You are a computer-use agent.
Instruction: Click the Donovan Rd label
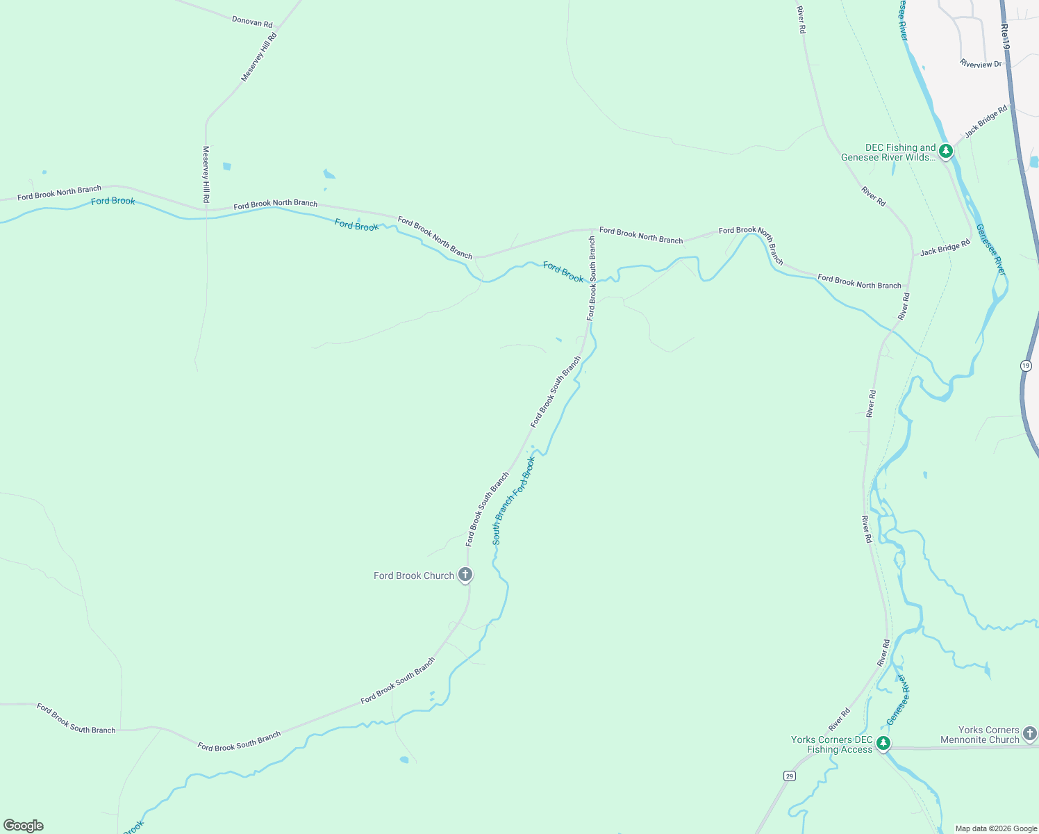click(252, 22)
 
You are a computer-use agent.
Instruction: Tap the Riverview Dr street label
click(981, 64)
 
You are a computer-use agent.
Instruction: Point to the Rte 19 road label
click(1005, 36)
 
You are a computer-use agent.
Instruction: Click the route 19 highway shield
click(1026, 365)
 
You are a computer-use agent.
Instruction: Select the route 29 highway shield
click(789, 776)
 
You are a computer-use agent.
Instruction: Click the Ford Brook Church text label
click(414, 575)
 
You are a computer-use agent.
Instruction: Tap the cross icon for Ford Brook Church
click(466, 575)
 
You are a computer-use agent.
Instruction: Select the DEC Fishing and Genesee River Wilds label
click(890, 152)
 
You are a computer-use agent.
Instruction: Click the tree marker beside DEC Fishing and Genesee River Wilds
click(945, 150)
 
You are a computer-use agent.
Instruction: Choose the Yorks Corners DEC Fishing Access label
click(832, 744)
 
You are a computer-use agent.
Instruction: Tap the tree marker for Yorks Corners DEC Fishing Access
click(883, 744)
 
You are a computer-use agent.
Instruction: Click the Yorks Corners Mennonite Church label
click(979, 735)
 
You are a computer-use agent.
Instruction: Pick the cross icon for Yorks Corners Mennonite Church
click(1030, 733)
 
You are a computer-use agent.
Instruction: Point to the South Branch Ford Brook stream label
click(514, 500)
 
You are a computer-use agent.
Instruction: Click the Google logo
click(24, 826)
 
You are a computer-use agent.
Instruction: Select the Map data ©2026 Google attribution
click(996, 828)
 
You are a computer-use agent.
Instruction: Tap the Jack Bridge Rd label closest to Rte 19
click(986, 120)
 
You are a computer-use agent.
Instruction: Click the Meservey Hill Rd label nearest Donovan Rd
click(259, 57)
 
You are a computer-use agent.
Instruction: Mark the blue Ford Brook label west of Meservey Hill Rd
click(113, 201)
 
